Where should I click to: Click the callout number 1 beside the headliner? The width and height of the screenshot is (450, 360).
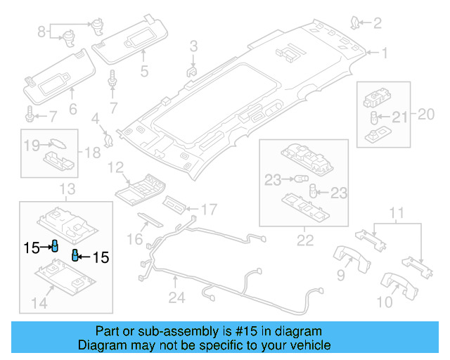pyautogui.click(x=384, y=53)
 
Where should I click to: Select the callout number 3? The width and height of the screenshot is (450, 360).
pyautogui.click(x=193, y=47)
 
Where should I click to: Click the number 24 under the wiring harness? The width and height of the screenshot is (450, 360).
pyautogui.click(x=176, y=299)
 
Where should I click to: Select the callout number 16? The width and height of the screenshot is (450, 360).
pyautogui.click(x=134, y=240)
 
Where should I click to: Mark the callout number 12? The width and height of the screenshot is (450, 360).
pyautogui.click(x=115, y=168)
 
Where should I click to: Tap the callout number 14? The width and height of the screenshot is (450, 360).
pyautogui.click(x=39, y=303)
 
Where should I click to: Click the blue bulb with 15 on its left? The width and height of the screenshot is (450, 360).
pyautogui.click(x=53, y=245)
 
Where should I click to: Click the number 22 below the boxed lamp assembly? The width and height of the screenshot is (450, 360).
pyautogui.click(x=304, y=241)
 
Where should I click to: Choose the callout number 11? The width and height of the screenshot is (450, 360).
pyautogui.click(x=397, y=212)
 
